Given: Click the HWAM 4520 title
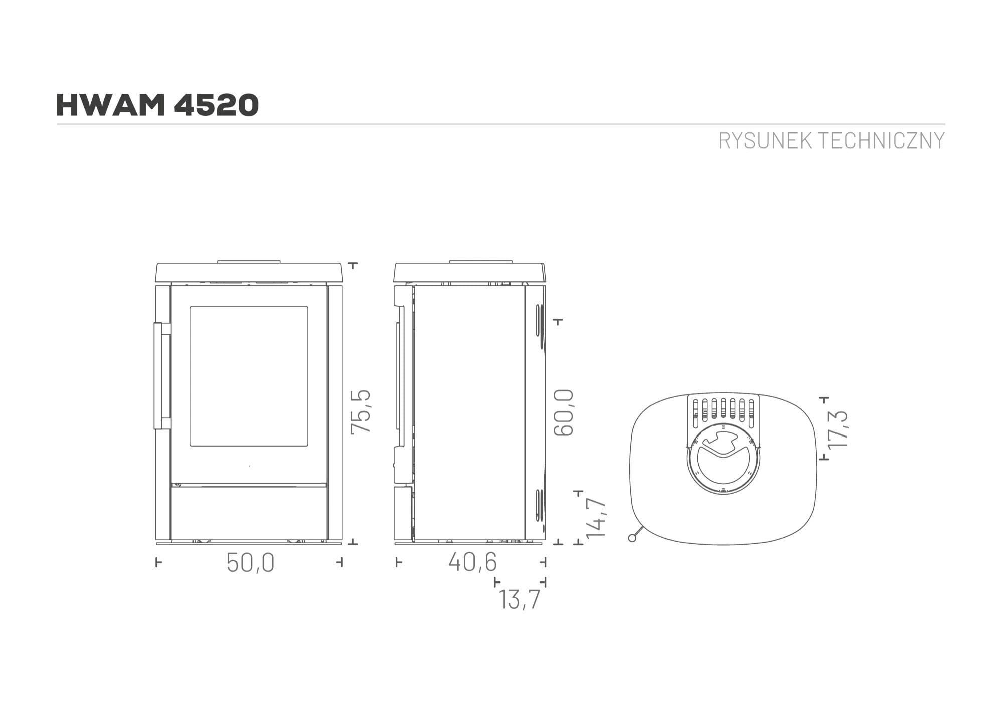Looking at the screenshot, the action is pyautogui.click(x=157, y=105).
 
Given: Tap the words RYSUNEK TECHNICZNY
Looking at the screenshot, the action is pyautogui.click(x=831, y=141).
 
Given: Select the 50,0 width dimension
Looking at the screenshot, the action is pyautogui.click(x=250, y=563).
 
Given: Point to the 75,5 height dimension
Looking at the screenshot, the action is pyautogui.click(x=361, y=411).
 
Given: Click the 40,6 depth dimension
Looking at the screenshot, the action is pyautogui.click(x=472, y=562).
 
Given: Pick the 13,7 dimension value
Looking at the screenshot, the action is pyautogui.click(x=520, y=599).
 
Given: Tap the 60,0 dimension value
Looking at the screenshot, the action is pyautogui.click(x=564, y=412).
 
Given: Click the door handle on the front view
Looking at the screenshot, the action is pyautogui.click(x=161, y=376).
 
